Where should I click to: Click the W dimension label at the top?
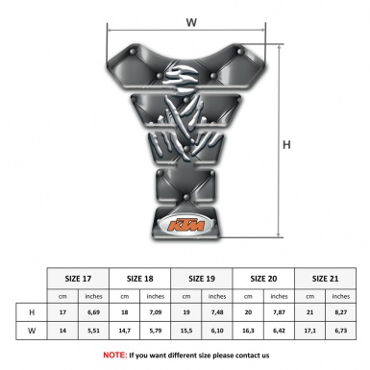pos(191,20)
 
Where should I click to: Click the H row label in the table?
pos(32,313)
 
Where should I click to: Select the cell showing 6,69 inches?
pos(93,313)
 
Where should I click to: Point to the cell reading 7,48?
pos(217,313)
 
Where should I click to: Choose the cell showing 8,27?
pos(339,313)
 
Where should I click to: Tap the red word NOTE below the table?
pos(114,355)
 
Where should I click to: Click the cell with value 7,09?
pos(156,313)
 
